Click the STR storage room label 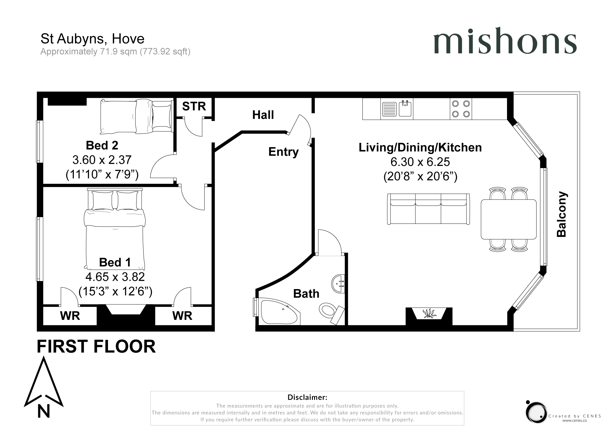pyautogui.click(x=194, y=106)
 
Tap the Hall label pyautogui.click(x=263, y=115)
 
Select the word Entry pyautogui.click(x=283, y=152)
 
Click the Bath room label pyautogui.click(x=306, y=294)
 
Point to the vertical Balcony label pyautogui.click(x=562, y=214)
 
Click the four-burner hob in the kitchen pyautogui.click(x=461, y=109)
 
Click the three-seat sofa pyautogui.click(x=429, y=209)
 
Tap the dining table pyautogui.click(x=509, y=219)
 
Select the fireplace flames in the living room pyautogui.click(x=429, y=313)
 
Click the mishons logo pyautogui.click(x=505, y=40)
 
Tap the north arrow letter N pyautogui.click(x=44, y=411)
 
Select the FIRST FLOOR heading pyautogui.click(x=96, y=347)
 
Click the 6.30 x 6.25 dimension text pyautogui.click(x=420, y=162)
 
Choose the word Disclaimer pyautogui.click(x=307, y=397)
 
